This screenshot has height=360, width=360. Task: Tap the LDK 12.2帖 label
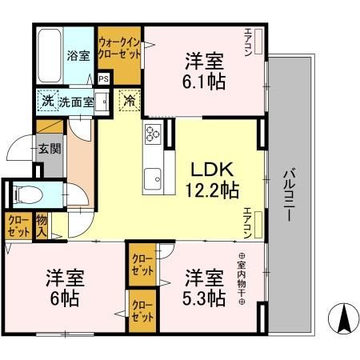[x=211, y=178]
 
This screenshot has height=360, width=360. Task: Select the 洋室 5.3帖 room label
[x=204, y=287]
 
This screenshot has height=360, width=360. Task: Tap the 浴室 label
[x=78, y=57]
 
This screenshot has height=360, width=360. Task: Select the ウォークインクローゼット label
[x=119, y=47]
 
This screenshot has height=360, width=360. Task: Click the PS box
[x=103, y=79]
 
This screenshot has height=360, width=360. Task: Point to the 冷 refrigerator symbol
[x=128, y=102]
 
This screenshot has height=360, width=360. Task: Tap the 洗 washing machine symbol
[x=47, y=102]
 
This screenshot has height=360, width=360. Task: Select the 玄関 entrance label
[x=47, y=149]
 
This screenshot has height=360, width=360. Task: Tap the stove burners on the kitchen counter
[x=152, y=135]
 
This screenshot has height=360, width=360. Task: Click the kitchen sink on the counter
[x=152, y=177]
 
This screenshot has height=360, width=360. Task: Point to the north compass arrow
[x=344, y=320]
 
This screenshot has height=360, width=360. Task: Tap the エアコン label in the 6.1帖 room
[x=248, y=39]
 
